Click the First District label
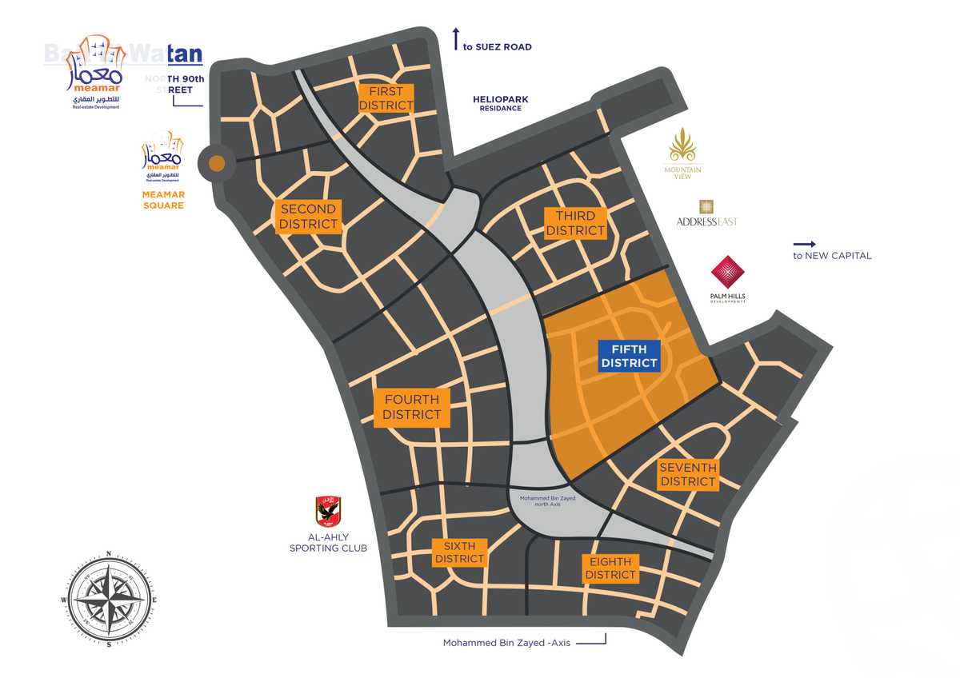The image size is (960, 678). (x=386, y=98)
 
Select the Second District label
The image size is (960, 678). (x=308, y=217)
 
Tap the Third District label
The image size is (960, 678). (x=575, y=223)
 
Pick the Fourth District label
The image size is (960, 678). (x=411, y=407)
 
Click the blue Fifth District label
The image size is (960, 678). (x=630, y=356)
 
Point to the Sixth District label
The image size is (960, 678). (x=459, y=552)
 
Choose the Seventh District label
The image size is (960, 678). (x=688, y=474)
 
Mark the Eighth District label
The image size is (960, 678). (x=610, y=568)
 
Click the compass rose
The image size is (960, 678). (x=107, y=599)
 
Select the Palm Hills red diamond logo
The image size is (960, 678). (x=728, y=273)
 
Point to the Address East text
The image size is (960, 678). (x=706, y=221)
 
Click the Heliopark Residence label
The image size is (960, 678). (x=501, y=103)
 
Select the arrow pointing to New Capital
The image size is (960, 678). (x=804, y=244)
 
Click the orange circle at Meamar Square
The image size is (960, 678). (x=216, y=164)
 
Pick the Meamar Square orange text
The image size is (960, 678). (x=163, y=199)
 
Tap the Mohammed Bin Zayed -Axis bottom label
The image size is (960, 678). (x=506, y=643)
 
